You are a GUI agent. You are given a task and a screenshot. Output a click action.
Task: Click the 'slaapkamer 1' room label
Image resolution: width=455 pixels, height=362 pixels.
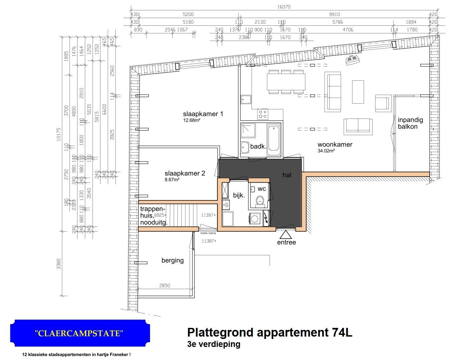(203, 114)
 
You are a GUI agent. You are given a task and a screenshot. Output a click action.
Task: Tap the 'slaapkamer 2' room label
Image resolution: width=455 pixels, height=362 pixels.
(185, 173)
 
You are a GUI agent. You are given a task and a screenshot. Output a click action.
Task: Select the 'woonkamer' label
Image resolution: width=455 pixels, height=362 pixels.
(335, 145)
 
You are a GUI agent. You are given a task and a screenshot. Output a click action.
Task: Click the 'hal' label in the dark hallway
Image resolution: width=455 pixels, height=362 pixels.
(287, 175)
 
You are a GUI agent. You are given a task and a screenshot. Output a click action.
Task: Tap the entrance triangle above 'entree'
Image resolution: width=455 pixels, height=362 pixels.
(286, 234)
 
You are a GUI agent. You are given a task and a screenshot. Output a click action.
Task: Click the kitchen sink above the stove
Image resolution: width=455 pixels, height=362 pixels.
(246, 99)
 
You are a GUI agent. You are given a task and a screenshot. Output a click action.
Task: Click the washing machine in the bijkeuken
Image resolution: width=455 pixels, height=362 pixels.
(255, 219)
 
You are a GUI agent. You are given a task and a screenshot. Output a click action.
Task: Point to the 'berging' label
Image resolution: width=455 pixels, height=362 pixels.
(172, 260)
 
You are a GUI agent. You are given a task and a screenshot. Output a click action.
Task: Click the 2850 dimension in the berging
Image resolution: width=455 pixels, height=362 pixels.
(164, 285)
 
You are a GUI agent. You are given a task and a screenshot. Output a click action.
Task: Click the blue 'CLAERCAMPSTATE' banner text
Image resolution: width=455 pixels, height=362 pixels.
(79, 333)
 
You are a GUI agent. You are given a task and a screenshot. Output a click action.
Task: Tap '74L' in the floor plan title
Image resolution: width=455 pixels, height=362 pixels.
(342, 333)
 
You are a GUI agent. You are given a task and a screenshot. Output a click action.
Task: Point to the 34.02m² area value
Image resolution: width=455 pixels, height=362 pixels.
(326, 151)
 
